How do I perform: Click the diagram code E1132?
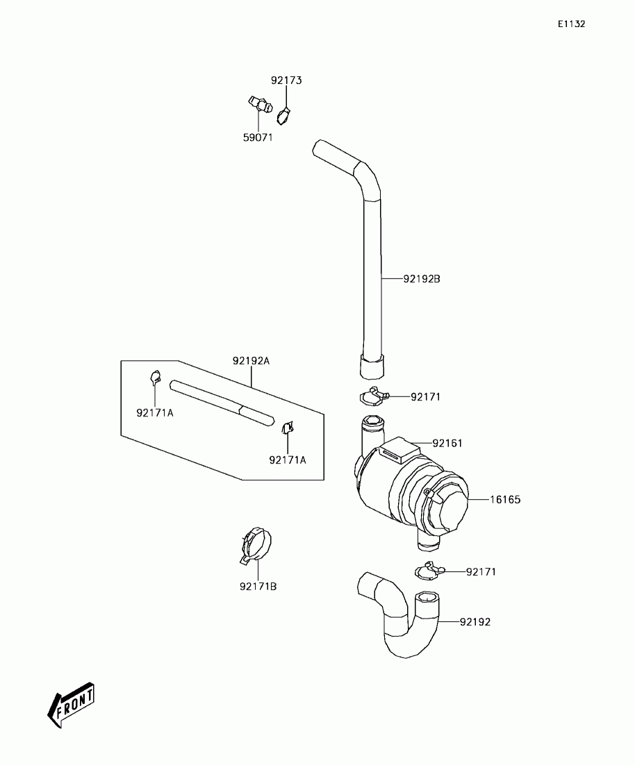(571, 24)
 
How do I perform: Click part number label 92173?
(286, 81)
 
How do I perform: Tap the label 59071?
(257, 137)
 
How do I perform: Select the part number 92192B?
(422, 279)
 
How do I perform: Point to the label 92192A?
(251, 361)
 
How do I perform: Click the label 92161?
(447, 443)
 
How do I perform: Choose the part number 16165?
(505, 499)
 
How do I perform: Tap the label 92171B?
(258, 587)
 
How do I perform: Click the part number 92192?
(475, 622)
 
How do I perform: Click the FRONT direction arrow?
(71, 705)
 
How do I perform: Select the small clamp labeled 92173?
(283, 116)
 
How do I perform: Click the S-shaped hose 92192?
(403, 618)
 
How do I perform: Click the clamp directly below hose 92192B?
(374, 396)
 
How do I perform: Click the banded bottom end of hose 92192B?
(372, 365)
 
